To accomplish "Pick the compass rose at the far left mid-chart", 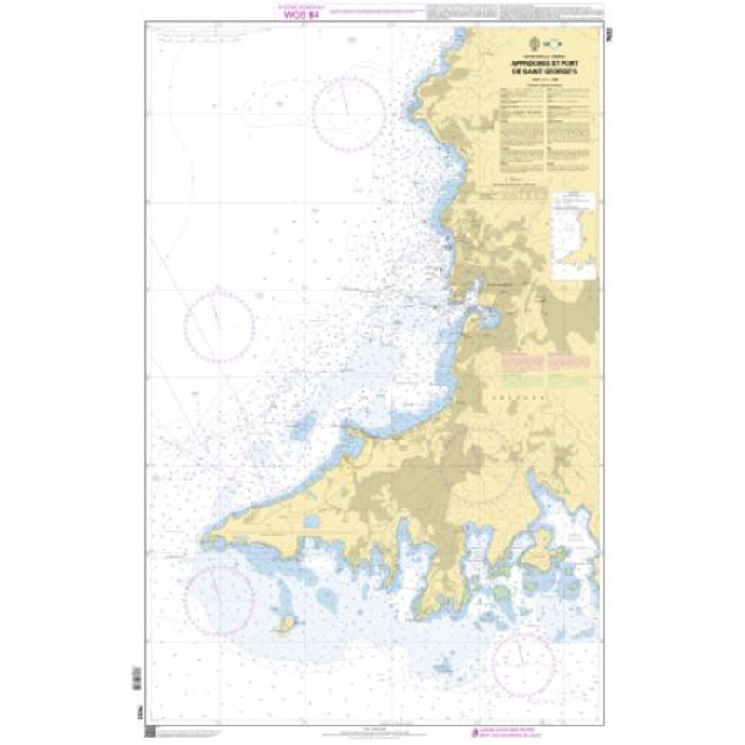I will click(219, 325).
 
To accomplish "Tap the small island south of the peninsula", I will click(287, 621).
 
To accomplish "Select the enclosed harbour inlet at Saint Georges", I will click(487, 318).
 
